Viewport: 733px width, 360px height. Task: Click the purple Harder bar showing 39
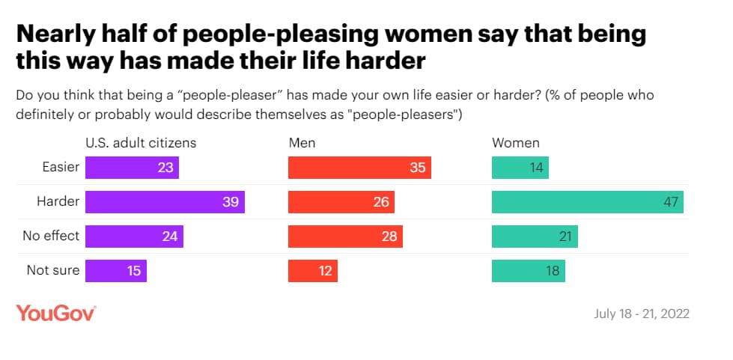click(x=165, y=202)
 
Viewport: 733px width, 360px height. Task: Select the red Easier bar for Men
click(x=359, y=168)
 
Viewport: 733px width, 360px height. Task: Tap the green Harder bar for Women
click(x=587, y=202)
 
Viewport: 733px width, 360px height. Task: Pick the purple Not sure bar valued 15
click(x=116, y=271)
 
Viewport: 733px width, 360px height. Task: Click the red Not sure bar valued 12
click(x=313, y=271)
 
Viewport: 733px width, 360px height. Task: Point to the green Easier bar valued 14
click(x=520, y=168)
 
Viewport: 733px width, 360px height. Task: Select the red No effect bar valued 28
click(x=345, y=237)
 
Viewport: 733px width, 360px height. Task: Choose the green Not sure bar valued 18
click(x=528, y=271)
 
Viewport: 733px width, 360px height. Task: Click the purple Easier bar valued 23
click(x=132, y=168)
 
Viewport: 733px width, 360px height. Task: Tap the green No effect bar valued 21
click(x=535, y=237)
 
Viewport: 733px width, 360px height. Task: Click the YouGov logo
click(x=55, y=314)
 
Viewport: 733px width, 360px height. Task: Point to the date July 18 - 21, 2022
click(x=641, y=314)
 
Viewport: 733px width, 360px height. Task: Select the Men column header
click(x=301, y=143)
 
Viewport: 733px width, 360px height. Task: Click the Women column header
click(x=515, y=143)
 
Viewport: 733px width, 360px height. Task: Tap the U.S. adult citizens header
click(x=141, y=143)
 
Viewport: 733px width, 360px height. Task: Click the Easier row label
click(x=60, y=167)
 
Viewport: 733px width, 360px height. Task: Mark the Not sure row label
click(x=53, y=270)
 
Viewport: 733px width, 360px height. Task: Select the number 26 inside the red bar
click(x=380, y=202)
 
